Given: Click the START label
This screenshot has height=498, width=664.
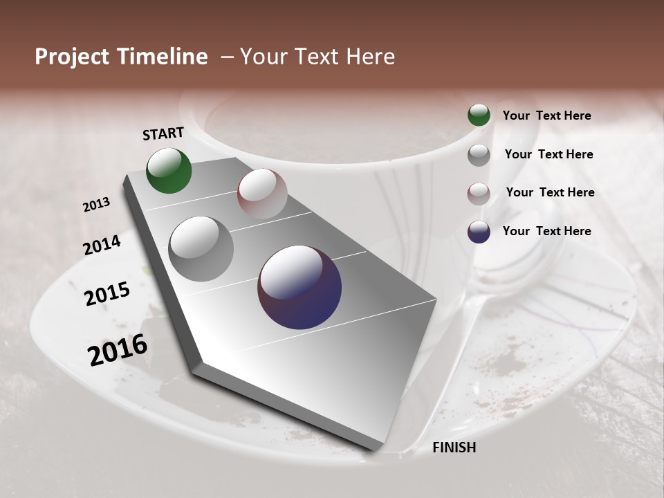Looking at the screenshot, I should [163, 133].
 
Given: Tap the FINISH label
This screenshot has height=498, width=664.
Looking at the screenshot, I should [454, 448].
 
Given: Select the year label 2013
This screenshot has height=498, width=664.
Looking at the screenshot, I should [97, 205].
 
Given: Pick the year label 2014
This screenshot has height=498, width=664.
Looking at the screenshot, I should [102, 246].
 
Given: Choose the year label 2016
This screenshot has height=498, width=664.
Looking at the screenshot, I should [118, 350].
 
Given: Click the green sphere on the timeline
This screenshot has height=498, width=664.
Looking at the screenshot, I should [169, 171].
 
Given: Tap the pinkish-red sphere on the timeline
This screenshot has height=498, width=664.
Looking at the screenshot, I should [262, 194].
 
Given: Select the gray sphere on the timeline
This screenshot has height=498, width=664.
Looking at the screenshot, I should [201, 248].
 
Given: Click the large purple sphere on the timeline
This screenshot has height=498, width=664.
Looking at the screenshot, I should [299, 287].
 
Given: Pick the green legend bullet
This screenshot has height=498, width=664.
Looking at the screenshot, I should [479, 115].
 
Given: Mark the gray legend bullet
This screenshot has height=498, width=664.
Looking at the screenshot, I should [479, 155].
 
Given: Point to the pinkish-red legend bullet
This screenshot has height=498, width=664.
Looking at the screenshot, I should [479, 194].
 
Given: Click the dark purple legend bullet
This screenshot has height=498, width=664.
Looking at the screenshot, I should [479, 232].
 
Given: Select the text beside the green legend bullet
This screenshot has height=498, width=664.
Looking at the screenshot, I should [546, 116].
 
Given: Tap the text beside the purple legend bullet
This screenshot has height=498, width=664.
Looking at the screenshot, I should [546, 231].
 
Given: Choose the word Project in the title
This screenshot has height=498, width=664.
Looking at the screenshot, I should [72, 57].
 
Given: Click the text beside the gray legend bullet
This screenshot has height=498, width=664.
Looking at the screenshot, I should [548, 154].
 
